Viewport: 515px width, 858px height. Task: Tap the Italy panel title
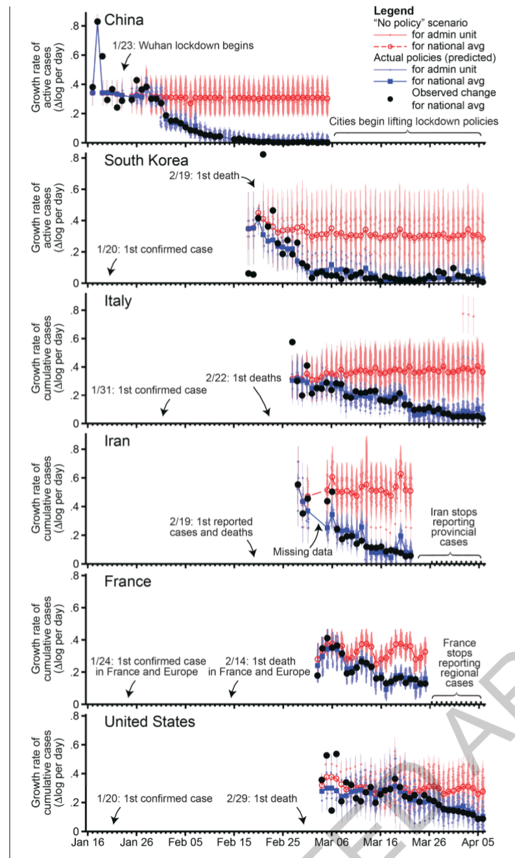click(x=118, y=301)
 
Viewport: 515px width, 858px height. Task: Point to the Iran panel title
click(x=117, y=441)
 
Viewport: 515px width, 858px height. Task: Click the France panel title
click(x=128, y=581)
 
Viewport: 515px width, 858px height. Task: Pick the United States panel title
click(x=150, y=721)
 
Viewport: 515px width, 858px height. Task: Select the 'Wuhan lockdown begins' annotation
click(x=183, y=45)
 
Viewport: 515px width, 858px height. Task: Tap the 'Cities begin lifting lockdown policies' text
click(x=414, y=121)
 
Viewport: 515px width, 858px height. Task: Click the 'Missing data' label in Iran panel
click(x=303, y=552)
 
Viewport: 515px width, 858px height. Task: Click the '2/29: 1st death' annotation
click(x=262, y=798)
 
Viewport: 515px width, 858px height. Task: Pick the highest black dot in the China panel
click(x=97, y=21)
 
